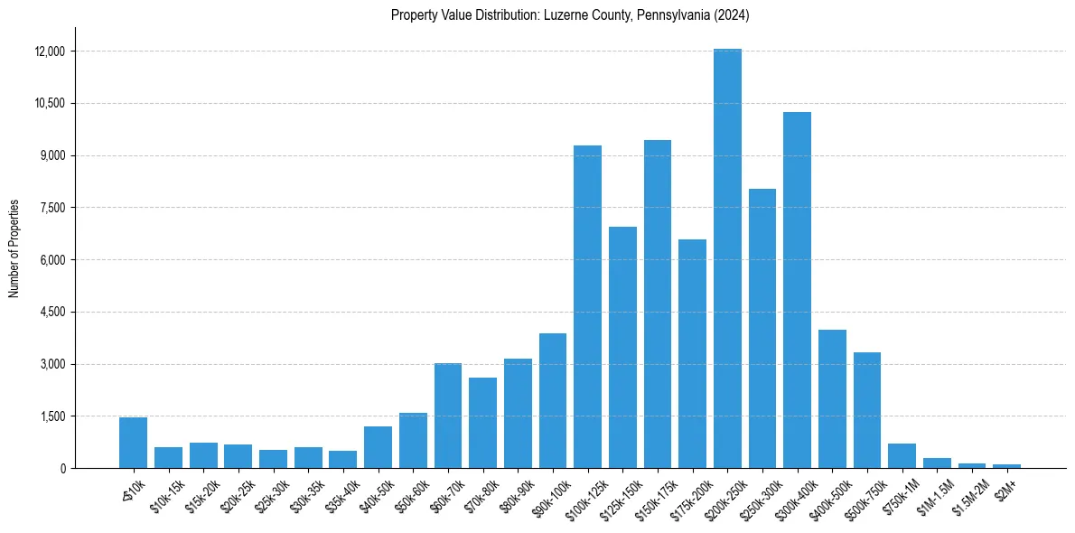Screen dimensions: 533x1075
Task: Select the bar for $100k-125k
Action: coord(587,307)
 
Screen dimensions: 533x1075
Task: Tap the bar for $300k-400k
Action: coord(798,290)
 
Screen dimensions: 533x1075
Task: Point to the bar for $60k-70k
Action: coord(448,416)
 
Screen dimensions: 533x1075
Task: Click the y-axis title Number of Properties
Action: coord(14,248)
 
